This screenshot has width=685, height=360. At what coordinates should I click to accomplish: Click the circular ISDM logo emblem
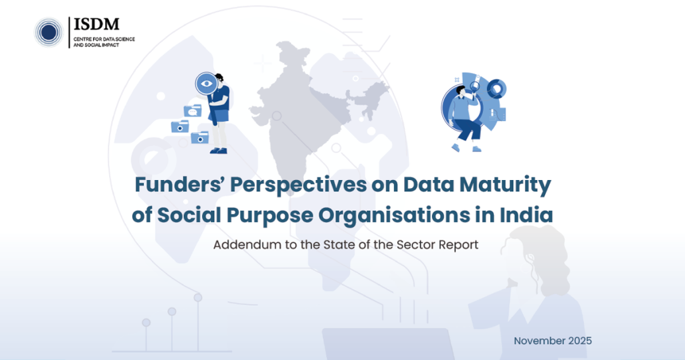tap(49, 32)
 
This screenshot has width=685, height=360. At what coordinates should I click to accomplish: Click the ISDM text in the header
tap(96, 24)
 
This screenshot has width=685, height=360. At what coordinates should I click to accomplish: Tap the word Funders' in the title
tap(179, 185)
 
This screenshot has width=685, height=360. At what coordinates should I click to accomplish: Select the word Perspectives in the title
tap(298, 185)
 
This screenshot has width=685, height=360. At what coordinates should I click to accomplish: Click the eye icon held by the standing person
tap(207, 84)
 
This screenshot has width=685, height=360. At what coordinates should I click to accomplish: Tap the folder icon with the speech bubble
tap(193, 111)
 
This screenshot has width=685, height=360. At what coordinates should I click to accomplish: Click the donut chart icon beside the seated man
tap(496, 89)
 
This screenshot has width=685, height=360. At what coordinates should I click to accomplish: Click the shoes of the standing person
tap(219, 151)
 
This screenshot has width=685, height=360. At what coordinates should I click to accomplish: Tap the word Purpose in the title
tap(269, 215)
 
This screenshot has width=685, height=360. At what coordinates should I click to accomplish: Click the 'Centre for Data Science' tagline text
tap(104, 39)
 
